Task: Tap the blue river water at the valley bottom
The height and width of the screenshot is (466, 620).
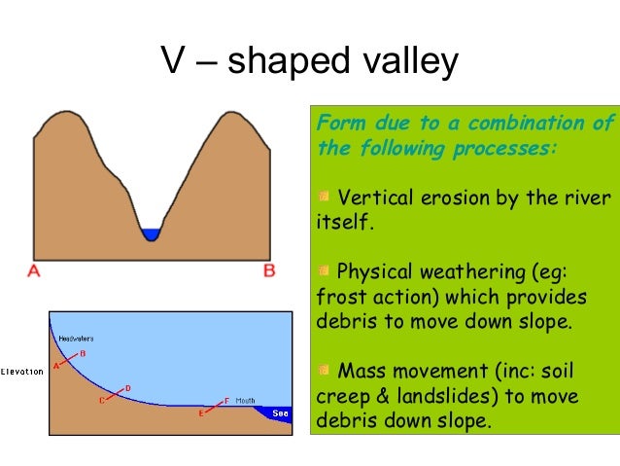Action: (x=151, y=234)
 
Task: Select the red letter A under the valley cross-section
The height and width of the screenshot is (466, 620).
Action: (x=34, y=271)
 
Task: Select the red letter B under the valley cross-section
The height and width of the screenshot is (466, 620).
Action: (x=269, y=271)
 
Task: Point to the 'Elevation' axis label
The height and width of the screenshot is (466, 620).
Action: (x=21, y=372)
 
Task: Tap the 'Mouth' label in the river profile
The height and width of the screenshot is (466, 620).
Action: (x=245, y=400)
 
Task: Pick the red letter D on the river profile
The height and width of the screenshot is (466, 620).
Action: (x=128, y=388)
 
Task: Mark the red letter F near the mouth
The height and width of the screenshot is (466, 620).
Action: (x=226, y=400)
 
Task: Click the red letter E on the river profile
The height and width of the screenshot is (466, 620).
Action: (x=201, y=413)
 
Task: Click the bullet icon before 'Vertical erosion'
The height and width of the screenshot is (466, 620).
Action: (x=324, y=198)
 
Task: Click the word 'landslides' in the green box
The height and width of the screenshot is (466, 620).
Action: (x=459, y=397)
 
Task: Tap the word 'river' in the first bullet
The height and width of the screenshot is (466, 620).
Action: (x=587, y=198)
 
